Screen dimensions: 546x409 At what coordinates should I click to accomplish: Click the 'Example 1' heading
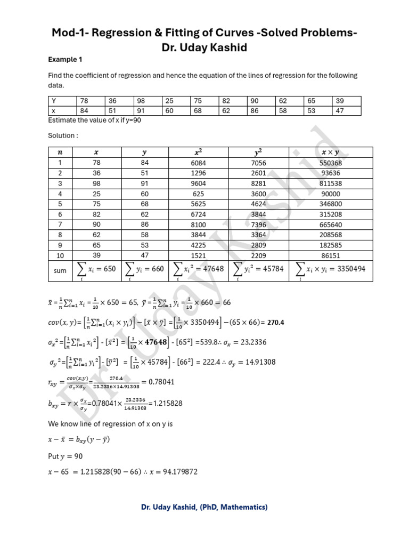65,59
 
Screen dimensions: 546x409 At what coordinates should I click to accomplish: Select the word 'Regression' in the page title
128,34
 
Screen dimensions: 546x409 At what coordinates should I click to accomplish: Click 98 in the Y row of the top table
141,101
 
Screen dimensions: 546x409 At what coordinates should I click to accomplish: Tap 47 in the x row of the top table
340,110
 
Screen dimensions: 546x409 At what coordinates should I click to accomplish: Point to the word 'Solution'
62,135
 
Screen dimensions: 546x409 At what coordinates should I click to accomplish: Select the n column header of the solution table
60,152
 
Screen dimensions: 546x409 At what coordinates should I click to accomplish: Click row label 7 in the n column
60,224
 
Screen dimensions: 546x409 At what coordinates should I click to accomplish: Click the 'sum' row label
60,270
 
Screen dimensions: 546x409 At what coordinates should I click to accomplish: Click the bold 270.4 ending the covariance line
276,322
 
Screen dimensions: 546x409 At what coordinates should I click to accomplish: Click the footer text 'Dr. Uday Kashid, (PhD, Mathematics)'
204,507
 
